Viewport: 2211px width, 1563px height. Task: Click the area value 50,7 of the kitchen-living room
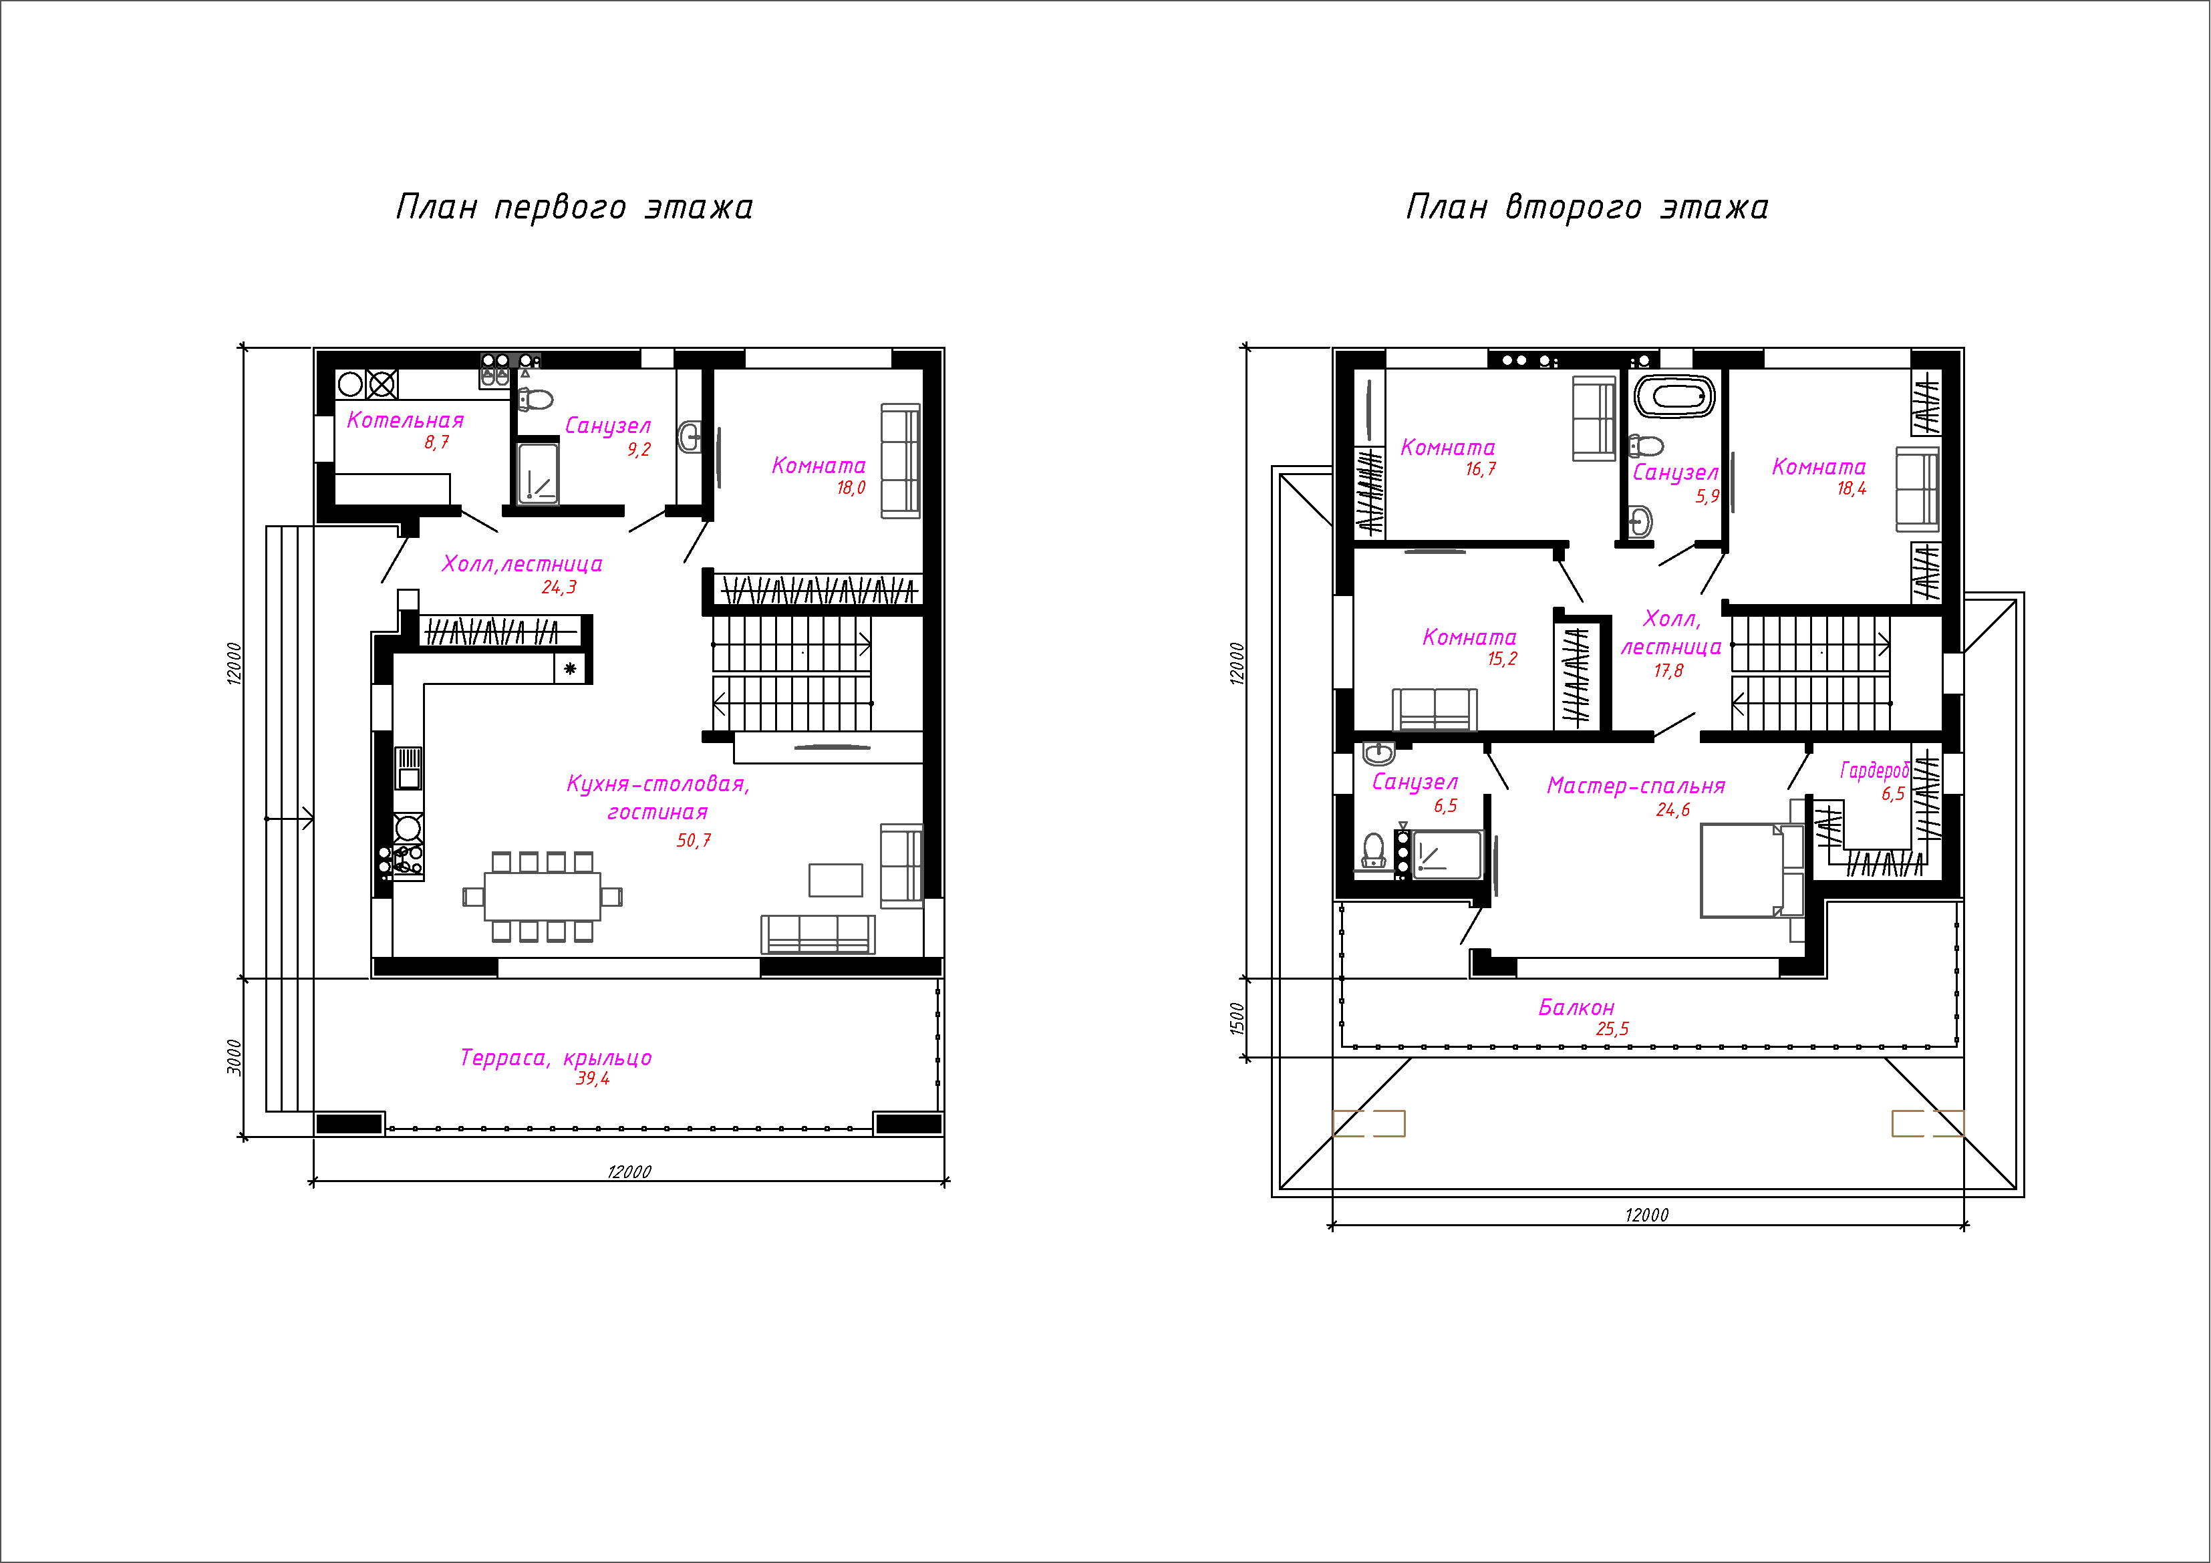click(x=694, y=841)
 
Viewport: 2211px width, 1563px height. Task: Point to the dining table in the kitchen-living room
click(x=542, y=897)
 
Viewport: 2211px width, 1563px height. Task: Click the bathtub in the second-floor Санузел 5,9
click(x=1676, y=396)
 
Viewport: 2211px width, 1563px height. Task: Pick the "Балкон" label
click(x=1576, y=1007)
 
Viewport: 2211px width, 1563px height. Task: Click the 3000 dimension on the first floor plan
click(x=234, y=1056)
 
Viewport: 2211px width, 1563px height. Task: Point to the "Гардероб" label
click(x=1874, y=770)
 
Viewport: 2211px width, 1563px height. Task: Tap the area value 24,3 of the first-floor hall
click(x=559, y=587)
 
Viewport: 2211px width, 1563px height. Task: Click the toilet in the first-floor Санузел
click(x=535, y=399)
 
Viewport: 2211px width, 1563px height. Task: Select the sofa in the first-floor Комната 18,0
click(x=901, y=461)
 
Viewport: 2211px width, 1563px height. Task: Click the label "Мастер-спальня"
click(x=1636, y=786)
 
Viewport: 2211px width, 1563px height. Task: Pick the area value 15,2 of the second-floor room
click(x=1502, y=659)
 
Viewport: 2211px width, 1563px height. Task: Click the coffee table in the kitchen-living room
click(x=836, y=880)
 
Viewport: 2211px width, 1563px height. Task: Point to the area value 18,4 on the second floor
click(x=1851, y=489)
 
